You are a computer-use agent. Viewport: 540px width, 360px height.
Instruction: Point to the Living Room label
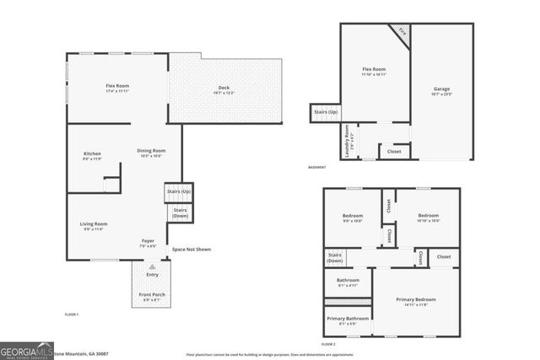(x=94, y=225)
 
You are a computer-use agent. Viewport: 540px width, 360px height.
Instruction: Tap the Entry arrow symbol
(x=152, y=266)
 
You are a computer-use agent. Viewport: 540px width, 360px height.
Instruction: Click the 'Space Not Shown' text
(x=192, y=250)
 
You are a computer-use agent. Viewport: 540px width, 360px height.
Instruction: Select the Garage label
(x=441, y=90)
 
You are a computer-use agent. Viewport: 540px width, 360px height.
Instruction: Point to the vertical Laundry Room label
(x=348, y=142)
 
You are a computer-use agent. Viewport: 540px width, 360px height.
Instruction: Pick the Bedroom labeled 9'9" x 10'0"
(x=352, y=218)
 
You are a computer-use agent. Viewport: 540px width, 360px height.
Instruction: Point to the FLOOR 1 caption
(x=72, y=314)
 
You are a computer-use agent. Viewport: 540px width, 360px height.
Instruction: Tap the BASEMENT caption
(x=318, y=167)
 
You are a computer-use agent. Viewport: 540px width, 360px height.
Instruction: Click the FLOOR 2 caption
(x=328, y=345)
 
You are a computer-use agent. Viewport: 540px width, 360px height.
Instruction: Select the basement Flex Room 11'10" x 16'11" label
(x=374, y=72)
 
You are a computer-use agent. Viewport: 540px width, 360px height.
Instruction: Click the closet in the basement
(x=394, y=152)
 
